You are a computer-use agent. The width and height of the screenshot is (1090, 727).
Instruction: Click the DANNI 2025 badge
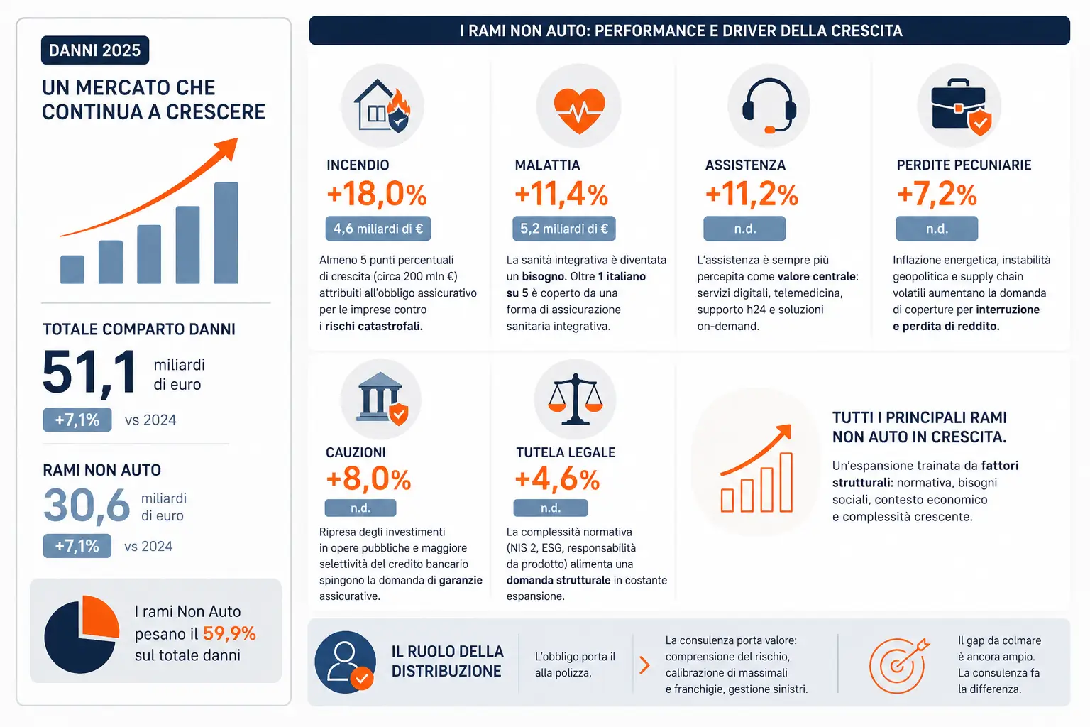[x=95, y=50]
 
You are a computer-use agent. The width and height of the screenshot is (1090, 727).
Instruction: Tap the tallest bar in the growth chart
[x=226, y=233]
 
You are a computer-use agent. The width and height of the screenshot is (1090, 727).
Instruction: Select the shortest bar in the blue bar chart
[x=72, y=269]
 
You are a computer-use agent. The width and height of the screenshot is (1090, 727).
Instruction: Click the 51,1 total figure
[x=89, y=372]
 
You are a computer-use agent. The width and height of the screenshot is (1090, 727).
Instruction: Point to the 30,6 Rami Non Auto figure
[x=87, y=505]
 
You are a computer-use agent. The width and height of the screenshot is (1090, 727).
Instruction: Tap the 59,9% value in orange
[x=229, y=633]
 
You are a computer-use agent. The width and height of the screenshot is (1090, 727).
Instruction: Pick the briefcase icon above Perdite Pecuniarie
[x=961, y=107]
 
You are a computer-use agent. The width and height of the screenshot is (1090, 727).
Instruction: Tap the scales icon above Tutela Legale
[x=576, y=399]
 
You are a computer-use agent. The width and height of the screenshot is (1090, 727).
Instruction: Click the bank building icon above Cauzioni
[x=382, y=399]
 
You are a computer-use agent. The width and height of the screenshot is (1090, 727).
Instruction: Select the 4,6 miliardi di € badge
[x=378, y=229]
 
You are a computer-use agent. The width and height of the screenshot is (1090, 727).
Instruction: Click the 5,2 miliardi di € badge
[x=564, y=229]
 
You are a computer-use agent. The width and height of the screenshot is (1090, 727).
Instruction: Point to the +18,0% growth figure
[x=377, y=195]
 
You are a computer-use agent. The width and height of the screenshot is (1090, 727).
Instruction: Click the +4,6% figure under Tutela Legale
[x=557, y=479]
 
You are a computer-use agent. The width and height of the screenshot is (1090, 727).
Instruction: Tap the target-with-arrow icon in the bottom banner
[x=899, y=665]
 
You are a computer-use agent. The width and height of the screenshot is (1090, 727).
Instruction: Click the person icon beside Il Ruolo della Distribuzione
[x=346, y=662]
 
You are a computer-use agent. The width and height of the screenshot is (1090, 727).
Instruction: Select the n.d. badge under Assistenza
[x=744, y=229]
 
